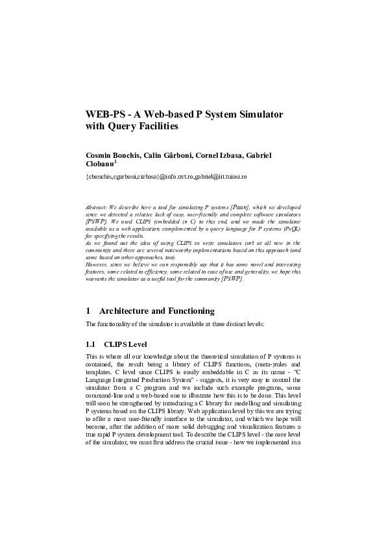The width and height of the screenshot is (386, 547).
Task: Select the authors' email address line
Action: (x=167, y=177)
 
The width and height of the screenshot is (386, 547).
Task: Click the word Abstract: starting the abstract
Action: (x=97, y=206)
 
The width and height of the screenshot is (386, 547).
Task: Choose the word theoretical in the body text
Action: (x=212, y=357)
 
